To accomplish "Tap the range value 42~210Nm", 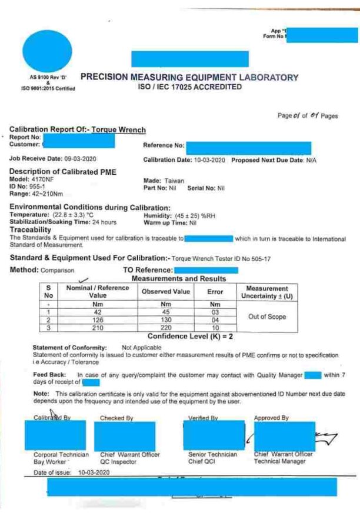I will [x=43, y=194].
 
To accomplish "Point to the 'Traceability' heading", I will [x=31, y=230].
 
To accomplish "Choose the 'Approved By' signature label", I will [x=271, y=417].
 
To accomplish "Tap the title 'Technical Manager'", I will [x=279, y=462].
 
